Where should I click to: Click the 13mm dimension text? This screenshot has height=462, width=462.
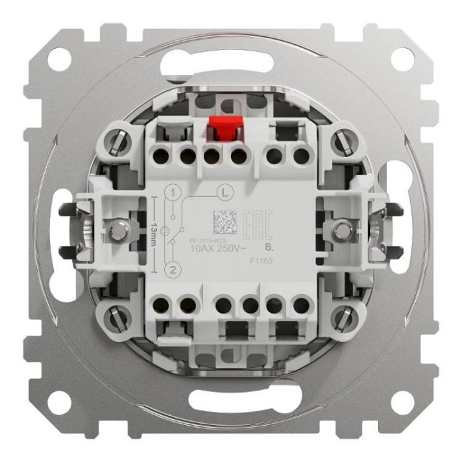click(152, 230)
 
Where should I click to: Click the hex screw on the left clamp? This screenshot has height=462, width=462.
click(119, 230)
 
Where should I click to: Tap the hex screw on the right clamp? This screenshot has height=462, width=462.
click(342, 230)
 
